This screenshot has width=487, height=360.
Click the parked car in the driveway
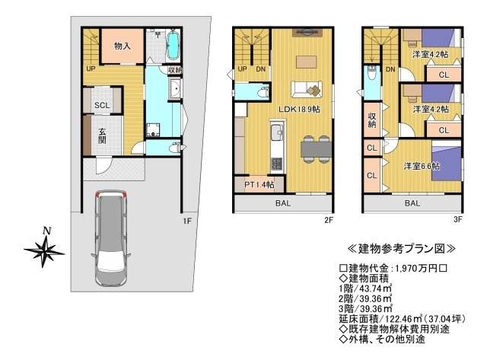(111, 238)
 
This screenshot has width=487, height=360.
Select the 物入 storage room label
(123, 46)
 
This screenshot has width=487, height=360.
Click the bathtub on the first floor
(173, 46)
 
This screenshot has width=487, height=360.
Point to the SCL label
(102, 105)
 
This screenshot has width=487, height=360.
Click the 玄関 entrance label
(102, 135)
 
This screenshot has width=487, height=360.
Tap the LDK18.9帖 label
(299, 110)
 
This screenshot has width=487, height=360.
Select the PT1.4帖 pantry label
(259, 185)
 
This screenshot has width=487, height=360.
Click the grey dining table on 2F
(317, 149)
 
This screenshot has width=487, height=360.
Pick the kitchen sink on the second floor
(276, 132)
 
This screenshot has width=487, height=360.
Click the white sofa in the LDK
(307, 89)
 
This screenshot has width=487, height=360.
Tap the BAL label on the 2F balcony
(283, 203)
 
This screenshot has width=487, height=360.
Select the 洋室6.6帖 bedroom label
(422, 166)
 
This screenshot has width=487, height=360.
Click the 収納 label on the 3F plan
(372, 120)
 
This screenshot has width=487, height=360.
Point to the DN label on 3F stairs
(390, 69)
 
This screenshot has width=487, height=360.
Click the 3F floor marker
(458, 219)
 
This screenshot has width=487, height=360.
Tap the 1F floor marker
(187, 221)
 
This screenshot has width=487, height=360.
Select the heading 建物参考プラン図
(402, 249)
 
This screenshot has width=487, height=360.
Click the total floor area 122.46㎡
(403, 319)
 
